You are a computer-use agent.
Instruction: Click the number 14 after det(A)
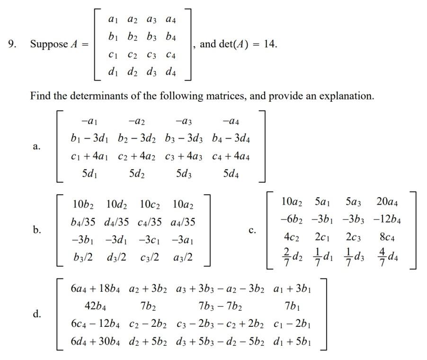click(270, 45)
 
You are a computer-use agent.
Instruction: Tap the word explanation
click(346, 96)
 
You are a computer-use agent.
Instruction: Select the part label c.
click(252, 231)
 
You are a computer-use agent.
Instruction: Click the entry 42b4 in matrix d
click(94, 306)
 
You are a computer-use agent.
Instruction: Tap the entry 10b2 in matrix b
click(83, 205)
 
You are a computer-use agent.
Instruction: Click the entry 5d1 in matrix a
click(91, 174)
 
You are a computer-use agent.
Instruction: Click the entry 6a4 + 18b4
click(94, 288)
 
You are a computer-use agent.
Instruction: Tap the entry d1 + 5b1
click(293, 341)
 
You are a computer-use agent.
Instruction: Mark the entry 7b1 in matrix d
click(293, 306)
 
